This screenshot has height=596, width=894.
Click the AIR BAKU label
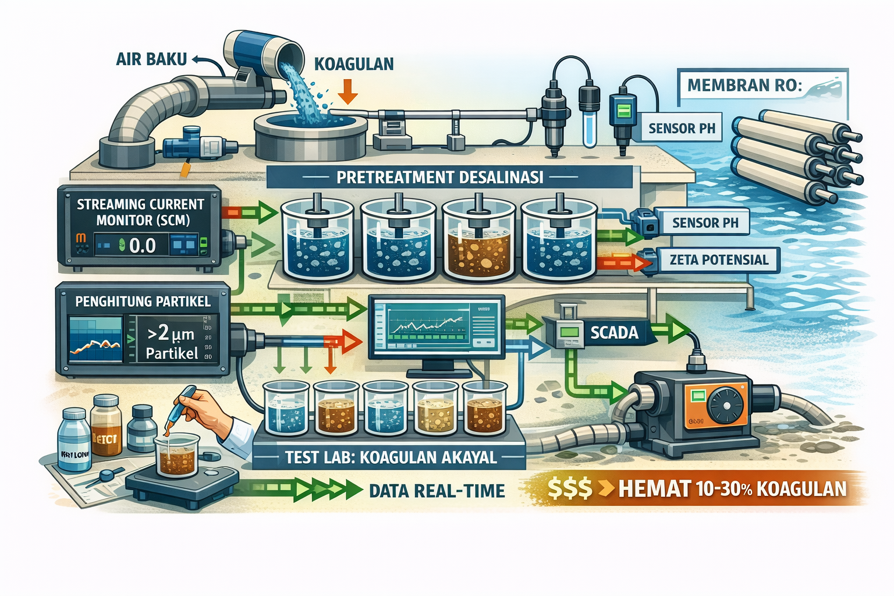click(151, 59)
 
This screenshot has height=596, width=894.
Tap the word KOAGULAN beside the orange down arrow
click(354, 63)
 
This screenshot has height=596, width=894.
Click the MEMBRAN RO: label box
click(744, 86)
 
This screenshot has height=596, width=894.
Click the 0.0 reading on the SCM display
click(142, 246)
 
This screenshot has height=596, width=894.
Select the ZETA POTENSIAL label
click(719, 260)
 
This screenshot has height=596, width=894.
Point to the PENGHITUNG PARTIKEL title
click(143, 301)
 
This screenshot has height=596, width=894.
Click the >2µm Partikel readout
click(171, 342)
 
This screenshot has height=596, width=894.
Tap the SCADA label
click(614, 332)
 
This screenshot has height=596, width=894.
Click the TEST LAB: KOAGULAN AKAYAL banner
click(391, 457)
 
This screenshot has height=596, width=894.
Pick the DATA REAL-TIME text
click(437, 491)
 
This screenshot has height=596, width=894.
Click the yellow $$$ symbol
click(569, 489)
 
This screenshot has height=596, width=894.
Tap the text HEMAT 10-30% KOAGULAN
click(732, 488)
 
